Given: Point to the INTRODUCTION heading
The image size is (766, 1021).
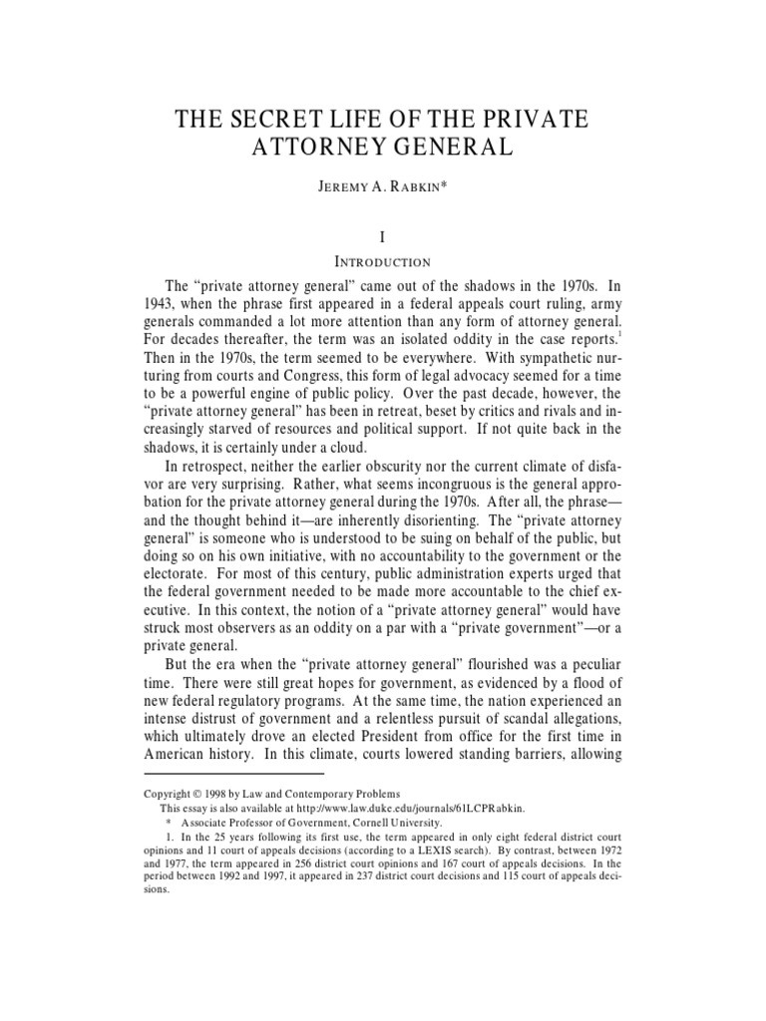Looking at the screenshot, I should (382, 262).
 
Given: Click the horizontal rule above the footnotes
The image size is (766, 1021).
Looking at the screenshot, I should (234, 773).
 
